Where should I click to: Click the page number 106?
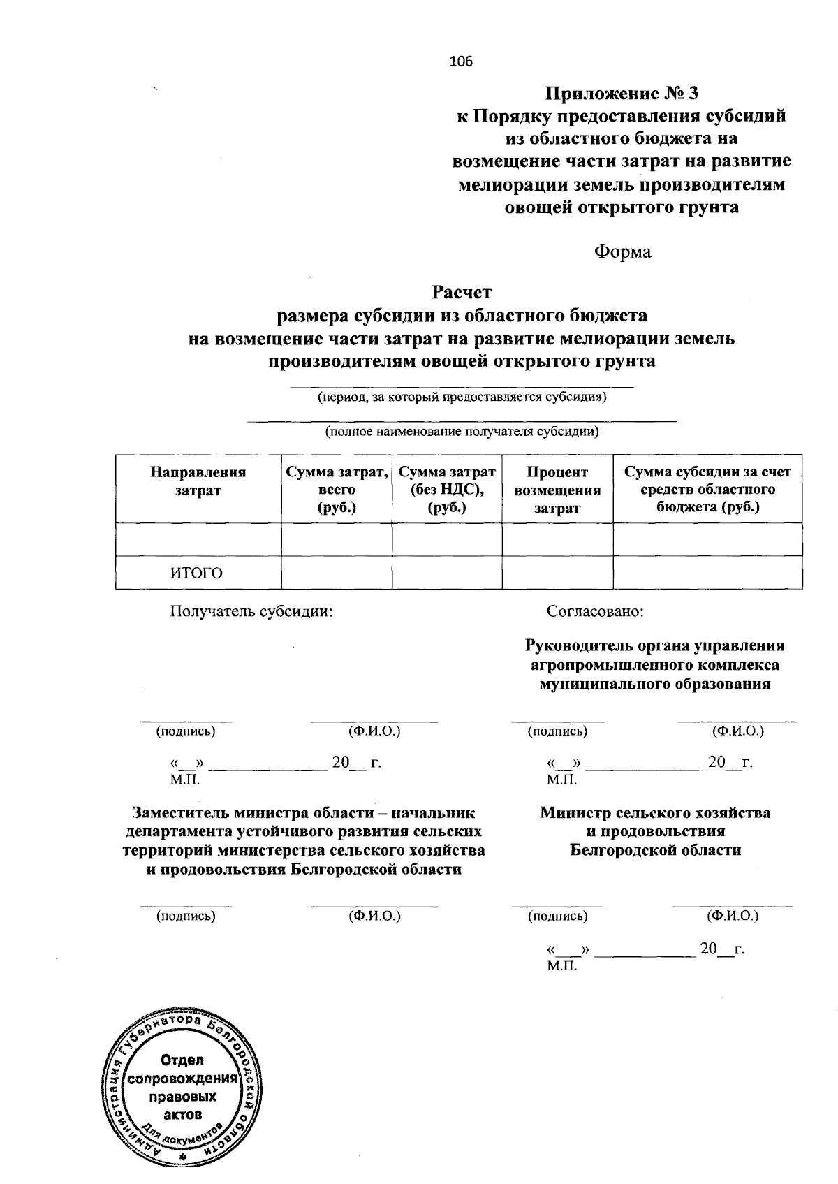coord(461,61)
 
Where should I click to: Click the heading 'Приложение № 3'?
coord(622,93)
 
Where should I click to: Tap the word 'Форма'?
coord(622,252)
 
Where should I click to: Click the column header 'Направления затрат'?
coord(198,481)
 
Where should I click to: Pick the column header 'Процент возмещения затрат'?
coord(557,490)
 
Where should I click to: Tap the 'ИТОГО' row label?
coord(197,573)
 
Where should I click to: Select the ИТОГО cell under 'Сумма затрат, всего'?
coord(336,573)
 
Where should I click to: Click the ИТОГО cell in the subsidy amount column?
coord(707,573)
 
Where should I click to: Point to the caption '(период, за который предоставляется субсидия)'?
coord(462,398)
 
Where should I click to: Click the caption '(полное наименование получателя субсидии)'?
coord(462,432)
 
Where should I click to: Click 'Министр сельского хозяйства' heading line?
coord(655,813)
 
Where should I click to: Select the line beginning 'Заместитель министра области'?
coord(304,813)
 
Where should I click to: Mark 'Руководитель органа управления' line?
coord(655,646)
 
